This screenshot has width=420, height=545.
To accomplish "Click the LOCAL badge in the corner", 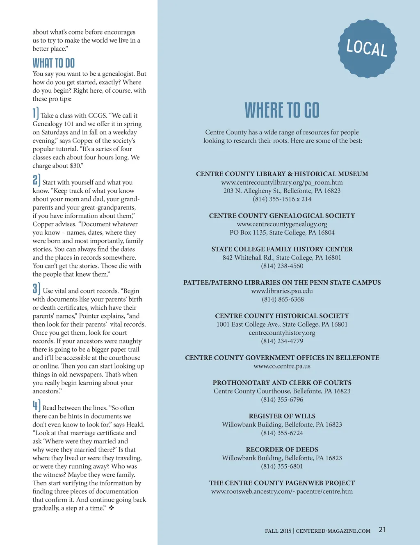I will pos(367,48).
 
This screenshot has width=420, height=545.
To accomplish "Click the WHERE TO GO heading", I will pos(282,111).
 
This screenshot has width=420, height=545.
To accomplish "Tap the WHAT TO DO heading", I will pos(54,63).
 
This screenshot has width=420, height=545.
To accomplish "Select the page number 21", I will pos(382,529).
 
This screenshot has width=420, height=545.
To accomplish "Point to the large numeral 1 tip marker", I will pos(35,113).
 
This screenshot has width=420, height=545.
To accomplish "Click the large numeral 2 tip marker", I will pos(36,180).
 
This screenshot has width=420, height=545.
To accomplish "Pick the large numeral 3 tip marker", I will pos(36,288).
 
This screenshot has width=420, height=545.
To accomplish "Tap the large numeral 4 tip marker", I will pos(36,405).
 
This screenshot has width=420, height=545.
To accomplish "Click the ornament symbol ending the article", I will pos(112,508).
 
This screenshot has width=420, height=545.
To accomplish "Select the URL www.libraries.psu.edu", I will pos(282,291).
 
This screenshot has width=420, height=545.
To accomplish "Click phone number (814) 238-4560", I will pos(282,266).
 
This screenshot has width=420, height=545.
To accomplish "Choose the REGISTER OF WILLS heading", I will pos(282,416).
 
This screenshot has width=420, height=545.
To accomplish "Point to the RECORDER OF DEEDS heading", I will pos(282,450).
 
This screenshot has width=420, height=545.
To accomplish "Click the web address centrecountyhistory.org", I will pos(282,333).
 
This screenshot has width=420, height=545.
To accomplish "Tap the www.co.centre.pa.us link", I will pos(282,366).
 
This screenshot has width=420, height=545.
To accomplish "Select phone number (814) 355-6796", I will pos(282,400).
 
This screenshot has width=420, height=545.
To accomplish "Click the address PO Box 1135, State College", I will pos(282,232).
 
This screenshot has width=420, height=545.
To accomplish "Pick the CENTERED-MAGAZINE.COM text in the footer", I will pos(333,531).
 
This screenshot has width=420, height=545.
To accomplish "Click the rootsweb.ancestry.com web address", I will pos(282,491).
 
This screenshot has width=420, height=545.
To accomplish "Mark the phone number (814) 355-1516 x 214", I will pos(282,199).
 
